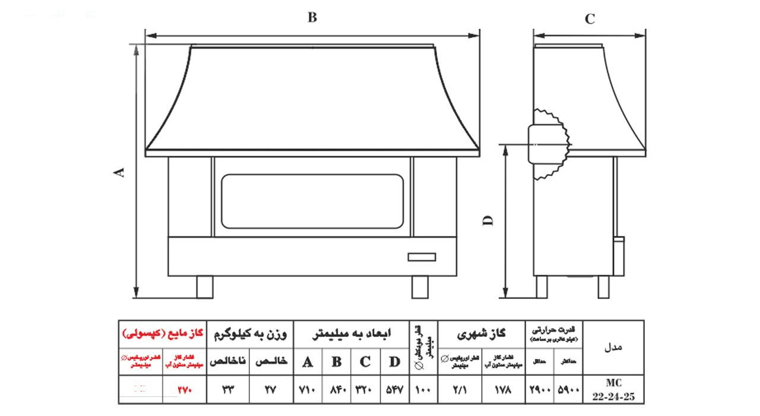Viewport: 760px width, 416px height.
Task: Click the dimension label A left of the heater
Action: [120, 172]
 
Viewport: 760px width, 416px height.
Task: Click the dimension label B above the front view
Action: [312, 17]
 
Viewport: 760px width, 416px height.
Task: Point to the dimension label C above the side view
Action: [590, 19]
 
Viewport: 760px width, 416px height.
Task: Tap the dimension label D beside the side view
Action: [488, 220]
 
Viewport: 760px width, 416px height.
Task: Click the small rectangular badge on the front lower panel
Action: [422, 257]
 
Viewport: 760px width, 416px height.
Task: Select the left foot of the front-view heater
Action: [205, 286]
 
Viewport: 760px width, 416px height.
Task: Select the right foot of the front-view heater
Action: [420, 286]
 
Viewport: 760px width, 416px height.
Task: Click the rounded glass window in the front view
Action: [312, 201]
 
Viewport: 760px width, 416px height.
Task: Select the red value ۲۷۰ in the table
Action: [185, 390]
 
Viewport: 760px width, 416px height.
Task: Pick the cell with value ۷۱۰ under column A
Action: [308, 390]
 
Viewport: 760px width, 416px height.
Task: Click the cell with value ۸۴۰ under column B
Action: [337, 390]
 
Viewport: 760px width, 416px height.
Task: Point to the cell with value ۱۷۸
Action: [502, 390]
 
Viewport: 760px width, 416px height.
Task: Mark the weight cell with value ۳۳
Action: [229, 390]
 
